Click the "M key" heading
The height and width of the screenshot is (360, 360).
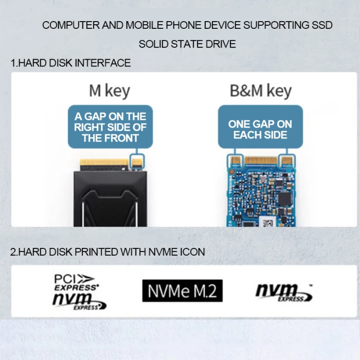tap(109, 91)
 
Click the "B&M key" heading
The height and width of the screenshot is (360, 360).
tap(260, 91)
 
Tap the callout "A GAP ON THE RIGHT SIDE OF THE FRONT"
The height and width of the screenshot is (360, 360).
tap(110, 127)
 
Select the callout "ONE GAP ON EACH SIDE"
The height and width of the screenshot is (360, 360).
tap(260, 129)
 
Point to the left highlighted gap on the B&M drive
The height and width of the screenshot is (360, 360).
tap(236, 161)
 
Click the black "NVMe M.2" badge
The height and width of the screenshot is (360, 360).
tap(183, 291)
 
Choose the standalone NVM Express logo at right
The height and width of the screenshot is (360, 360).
tap(284, 292)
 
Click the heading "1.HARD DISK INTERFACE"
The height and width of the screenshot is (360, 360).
tap(70, 63)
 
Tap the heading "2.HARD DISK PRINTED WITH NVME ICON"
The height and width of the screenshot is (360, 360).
tap(107, 252)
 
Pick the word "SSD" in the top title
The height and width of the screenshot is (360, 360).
tap(322, 25)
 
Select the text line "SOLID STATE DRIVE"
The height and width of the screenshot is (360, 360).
tap(187, 44)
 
